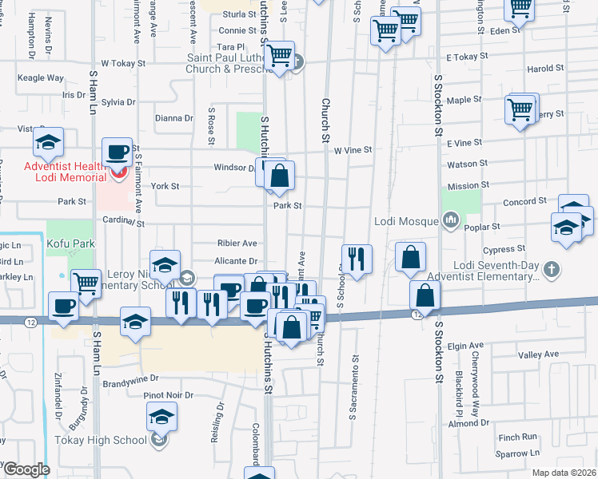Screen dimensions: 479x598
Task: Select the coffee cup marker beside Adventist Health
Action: [x=117, y=152]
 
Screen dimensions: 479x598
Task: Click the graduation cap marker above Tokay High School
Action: [x=161, y=417]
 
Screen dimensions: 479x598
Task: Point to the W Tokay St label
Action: [x=122, y=62]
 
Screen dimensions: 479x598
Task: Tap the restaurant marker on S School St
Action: [x=357, y=259]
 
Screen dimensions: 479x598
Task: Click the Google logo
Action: [x=26, y=469]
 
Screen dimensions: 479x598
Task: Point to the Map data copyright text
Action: [x=564, y=473]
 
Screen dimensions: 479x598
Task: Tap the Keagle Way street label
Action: [x=42, y=78]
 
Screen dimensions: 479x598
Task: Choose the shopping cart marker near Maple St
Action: [x=520, y=109]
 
